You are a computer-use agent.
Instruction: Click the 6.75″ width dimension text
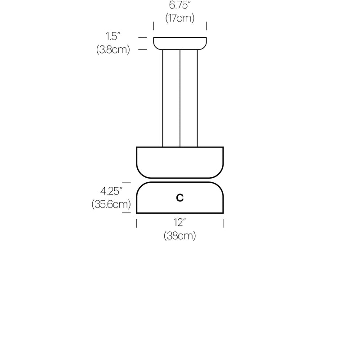click(x=180, y=6)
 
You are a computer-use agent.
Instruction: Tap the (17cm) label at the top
click(x=180, y=18)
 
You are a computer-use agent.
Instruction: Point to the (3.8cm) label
click(x=113, y=50)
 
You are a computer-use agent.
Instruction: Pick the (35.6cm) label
click(x=111, y=205)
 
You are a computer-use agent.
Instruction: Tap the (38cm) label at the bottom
click(x=180, y=236)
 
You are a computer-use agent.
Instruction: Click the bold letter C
click(x=180, y=198)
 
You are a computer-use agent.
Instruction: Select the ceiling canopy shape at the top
click(x=180, y=43)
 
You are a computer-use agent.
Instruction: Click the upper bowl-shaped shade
click(x=180, y=162)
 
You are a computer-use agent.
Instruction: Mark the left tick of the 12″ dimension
click(x=137, y=223)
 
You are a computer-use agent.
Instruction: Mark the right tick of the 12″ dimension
click(x=223, y=223)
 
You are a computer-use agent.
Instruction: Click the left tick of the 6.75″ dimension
click(x=153, y=25)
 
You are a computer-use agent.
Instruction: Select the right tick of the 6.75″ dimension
click(x=206, y=25)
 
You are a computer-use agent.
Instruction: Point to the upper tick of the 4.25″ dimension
click(x=126, y=182)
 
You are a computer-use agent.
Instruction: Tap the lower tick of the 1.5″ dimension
click(x=143, y=49)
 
